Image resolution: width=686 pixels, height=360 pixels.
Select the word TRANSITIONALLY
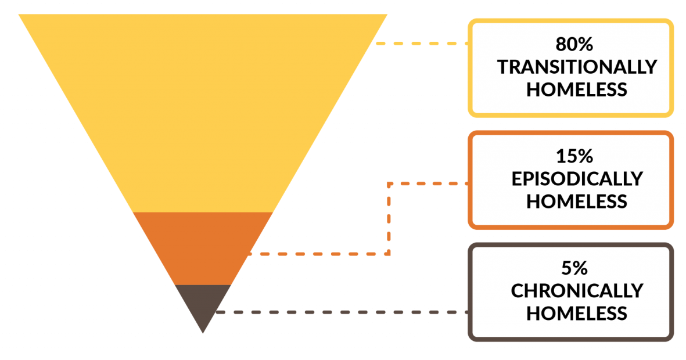click(x=576, y=67)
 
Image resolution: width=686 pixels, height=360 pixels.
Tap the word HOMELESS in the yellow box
click(x=576, y=89)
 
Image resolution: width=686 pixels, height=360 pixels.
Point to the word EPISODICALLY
click(x=576, y=179)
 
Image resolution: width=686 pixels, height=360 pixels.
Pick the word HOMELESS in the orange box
click(x=576, y=201)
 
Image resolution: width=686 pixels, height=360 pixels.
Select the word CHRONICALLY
click(x=576, y=290)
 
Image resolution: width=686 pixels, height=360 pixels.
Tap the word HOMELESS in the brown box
click(x=576, y=313)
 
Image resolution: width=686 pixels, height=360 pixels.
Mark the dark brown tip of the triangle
click(x=203, y=302)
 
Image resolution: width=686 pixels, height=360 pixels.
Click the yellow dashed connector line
click(x=421, y=44)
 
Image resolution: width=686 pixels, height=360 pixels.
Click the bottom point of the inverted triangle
click(x=203, y=333)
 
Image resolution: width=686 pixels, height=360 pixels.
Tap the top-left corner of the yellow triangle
click(x=19, y=15)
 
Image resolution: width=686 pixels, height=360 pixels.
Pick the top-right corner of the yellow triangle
click(x=386, y=15)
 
